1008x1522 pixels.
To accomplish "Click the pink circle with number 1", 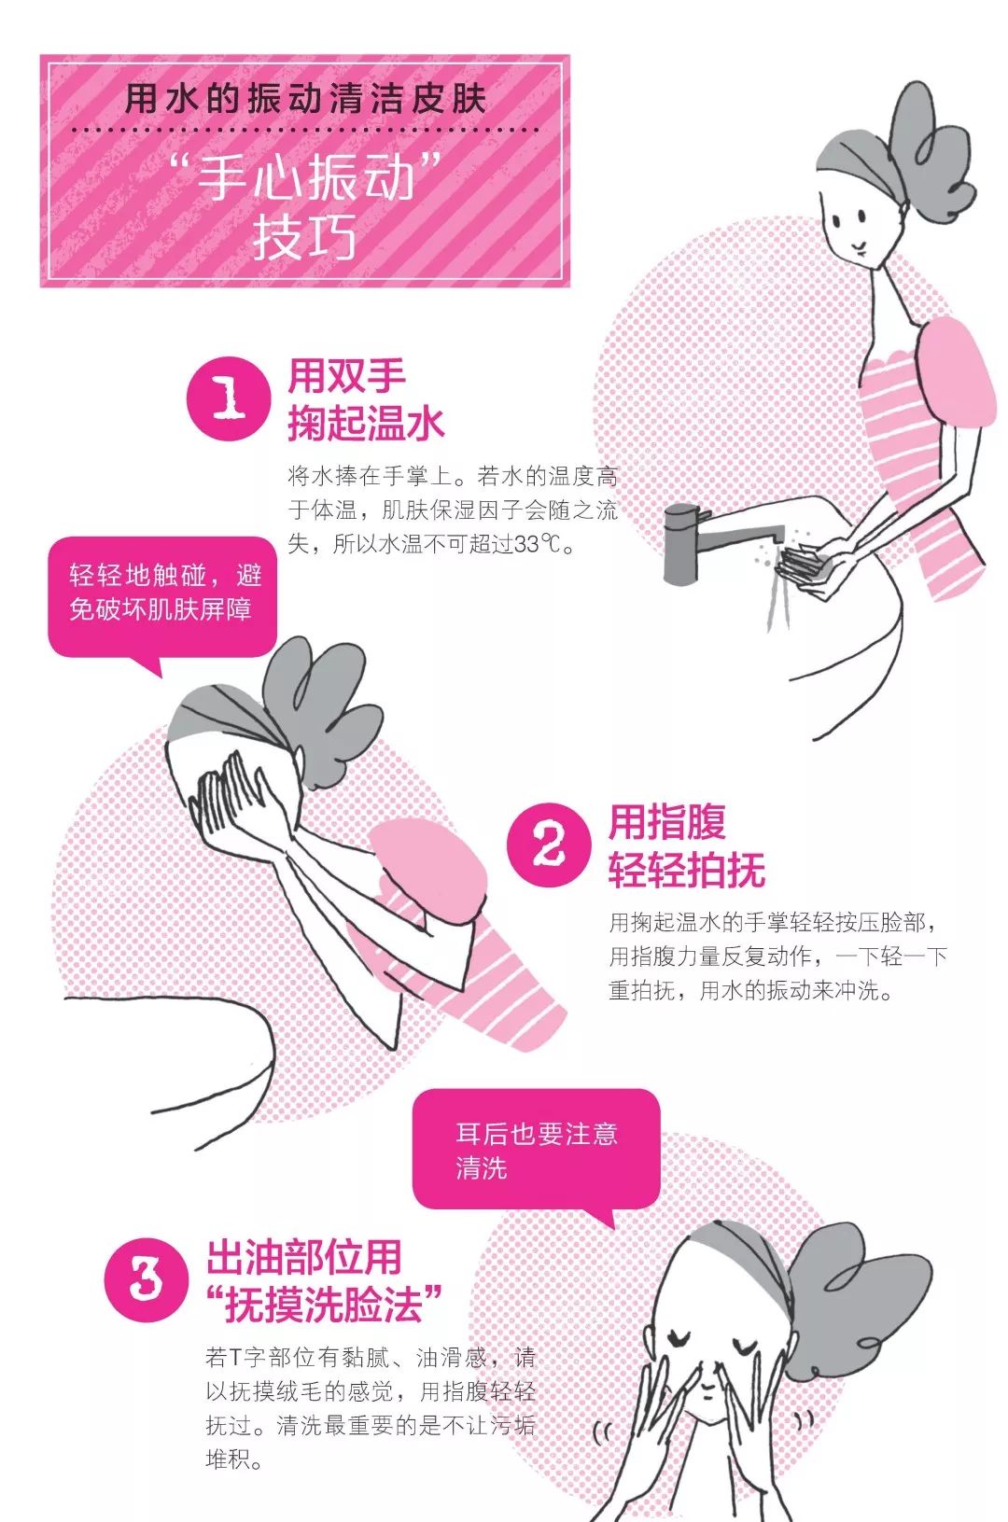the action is click(229, 398).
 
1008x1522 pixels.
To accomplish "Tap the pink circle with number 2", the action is click(549, 845).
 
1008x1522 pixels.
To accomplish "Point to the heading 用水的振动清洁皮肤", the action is click(305, 99).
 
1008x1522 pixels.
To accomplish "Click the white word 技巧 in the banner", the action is click(304, 237).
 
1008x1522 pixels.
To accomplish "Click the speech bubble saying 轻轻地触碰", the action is click(161, 598).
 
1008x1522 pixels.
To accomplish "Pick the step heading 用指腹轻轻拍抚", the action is click(687, 845).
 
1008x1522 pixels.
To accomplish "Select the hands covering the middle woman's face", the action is click(232, 802).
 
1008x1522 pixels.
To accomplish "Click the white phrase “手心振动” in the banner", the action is click(305, 176).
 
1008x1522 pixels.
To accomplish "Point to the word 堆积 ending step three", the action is click(228, 1459).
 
